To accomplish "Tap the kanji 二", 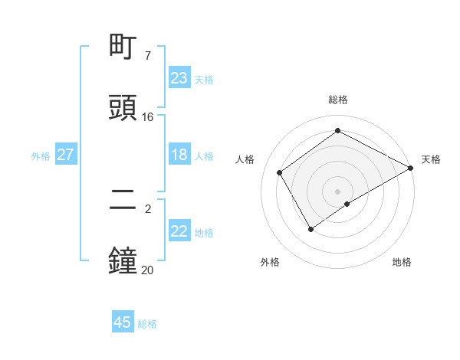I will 123,201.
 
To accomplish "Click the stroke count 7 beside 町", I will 148,56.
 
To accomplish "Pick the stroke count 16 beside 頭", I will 148,117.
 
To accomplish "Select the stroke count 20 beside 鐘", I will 148,270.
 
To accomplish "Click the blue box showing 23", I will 179,78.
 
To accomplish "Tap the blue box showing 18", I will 179,155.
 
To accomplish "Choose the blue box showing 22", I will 179,231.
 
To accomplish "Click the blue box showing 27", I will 66,155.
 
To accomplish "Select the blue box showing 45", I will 123,322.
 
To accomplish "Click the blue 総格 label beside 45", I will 148,324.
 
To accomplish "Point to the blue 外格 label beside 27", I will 41,156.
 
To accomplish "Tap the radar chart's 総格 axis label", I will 338,100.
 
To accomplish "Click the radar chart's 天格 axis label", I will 431,159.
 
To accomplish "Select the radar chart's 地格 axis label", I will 402,262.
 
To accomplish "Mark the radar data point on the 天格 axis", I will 411,168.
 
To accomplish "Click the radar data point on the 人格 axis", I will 280,172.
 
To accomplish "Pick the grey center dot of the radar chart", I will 338,191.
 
